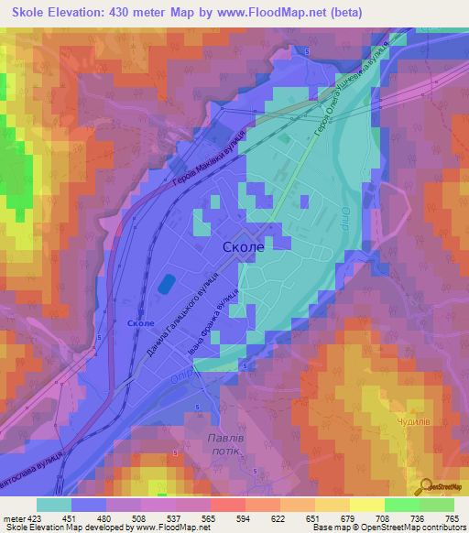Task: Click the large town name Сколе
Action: pos(244,247)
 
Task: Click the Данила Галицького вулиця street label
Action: pos(180,312)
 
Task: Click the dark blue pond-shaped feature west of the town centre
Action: pos(167,284)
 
